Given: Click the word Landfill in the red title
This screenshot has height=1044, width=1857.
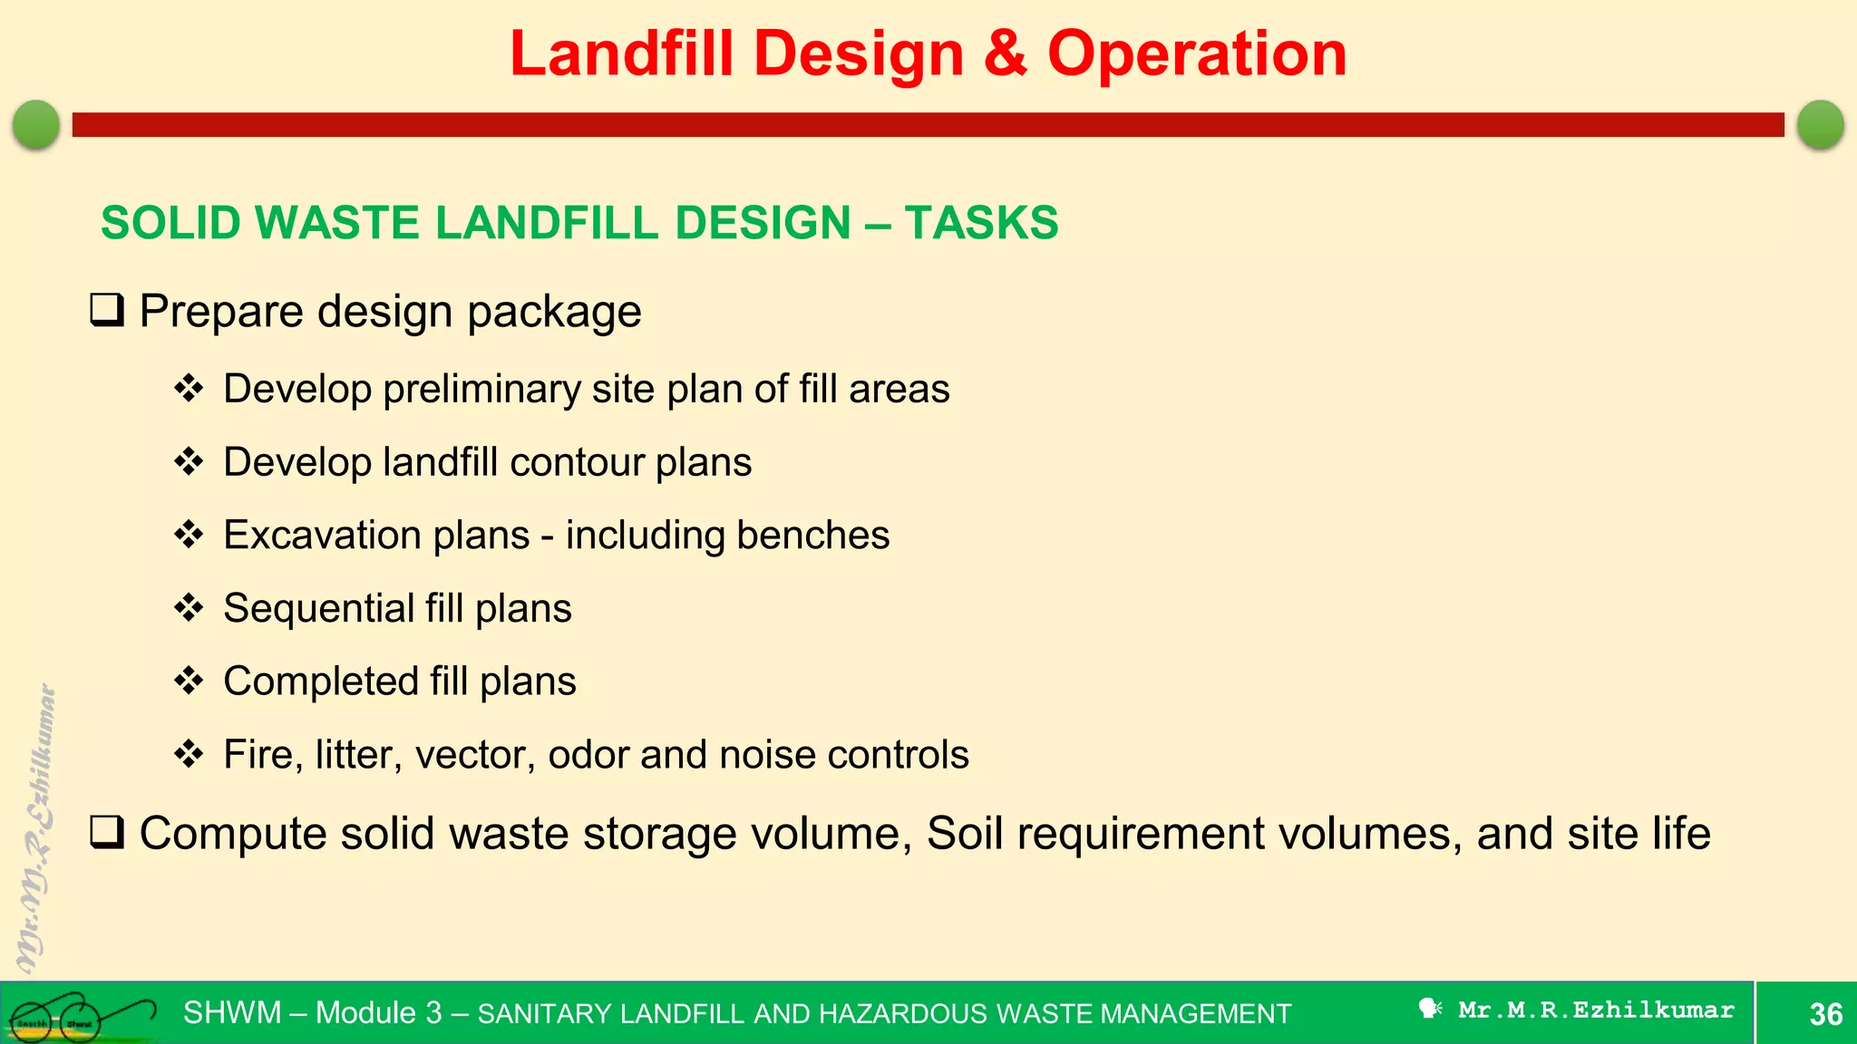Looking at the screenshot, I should pyautogui.click(x=621, y=54).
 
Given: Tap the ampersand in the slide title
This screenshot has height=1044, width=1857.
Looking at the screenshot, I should pyautogui.click(x=1005, y=54).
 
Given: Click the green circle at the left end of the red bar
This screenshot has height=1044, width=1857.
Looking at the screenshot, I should pyautogui.click(x=36, y=124).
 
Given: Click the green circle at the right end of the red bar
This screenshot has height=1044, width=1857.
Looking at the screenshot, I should pyautogui.click(x=1820, y=124).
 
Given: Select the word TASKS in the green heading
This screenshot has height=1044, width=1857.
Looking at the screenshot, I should pyautogui.click(x=981, y=223).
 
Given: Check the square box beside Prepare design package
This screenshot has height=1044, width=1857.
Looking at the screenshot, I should pyautogui.click(x=107, y=311).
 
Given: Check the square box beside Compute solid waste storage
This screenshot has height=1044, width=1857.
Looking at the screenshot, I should pyautogui.click(x=107, y=832).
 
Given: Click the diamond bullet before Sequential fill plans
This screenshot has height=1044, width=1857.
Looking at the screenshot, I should pyautogui.click(x=189, y=607).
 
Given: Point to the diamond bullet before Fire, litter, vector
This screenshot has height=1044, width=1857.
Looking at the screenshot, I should pyautogui.click(x=189, y=754).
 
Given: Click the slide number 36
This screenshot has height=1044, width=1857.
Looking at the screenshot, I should pyautogui.click(x=1825, y=1013).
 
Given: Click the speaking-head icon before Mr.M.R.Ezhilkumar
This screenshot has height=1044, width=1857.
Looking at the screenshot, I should pyautogui.click(x=1430, y=1009).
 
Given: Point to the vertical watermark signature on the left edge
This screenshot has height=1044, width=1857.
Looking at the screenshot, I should pyautogui.click(x=36, y=829).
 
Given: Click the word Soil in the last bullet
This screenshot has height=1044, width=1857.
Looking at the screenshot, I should pyautogui.click(x=965, y=833).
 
